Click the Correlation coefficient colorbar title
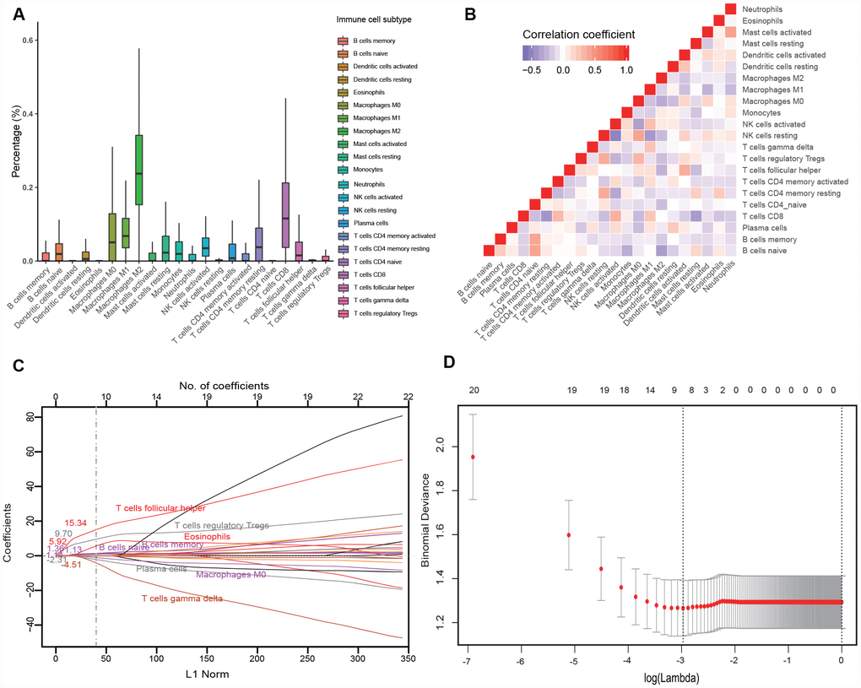coord(578,35)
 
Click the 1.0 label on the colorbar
coord(625,73)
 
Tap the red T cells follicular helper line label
coord(160,508)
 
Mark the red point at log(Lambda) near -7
coord(473,457)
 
